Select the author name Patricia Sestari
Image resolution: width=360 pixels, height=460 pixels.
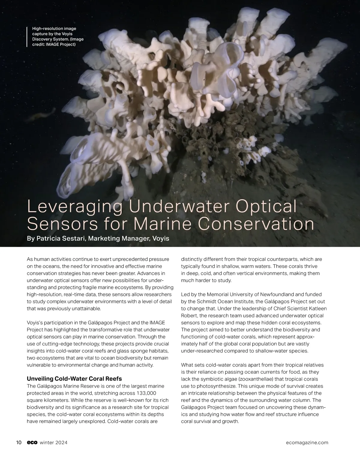pos(61,239)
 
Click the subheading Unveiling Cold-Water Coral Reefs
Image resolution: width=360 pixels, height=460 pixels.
pos(74,378)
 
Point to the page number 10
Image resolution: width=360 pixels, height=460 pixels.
pos(19,443)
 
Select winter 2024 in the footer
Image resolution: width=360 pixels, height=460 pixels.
pos(53,443)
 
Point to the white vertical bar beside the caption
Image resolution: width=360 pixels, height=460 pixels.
pos(27,37)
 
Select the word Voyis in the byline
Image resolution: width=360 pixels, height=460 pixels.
pos(161,239)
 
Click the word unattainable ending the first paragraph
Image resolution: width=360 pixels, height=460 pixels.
pos(85,308)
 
